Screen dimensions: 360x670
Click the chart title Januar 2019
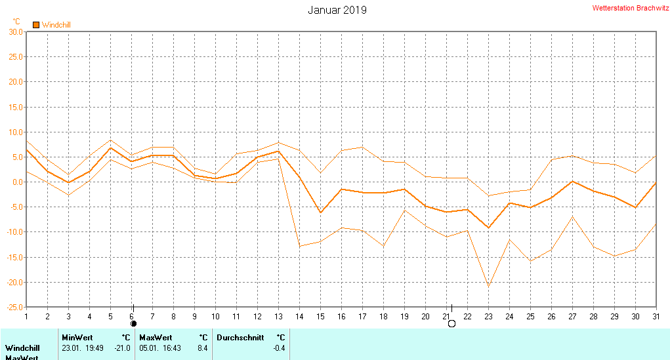tap(337, 10)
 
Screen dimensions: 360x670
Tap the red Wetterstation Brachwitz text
tap(630, 9)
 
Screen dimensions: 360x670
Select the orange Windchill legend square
tap(36, 25)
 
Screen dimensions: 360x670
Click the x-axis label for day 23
tap(488, 317)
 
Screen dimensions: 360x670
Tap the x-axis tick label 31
tap(656, 317)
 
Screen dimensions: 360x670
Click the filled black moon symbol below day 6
tap(134, 323)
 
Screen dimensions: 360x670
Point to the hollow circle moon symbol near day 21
tap(451, 323)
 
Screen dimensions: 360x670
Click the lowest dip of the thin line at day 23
tap(488, 287)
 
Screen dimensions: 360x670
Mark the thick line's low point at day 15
tap(320, 212)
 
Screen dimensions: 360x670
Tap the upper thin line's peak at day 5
tap(110, 140)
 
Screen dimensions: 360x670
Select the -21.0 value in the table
tap(123, 348)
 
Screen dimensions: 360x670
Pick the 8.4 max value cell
tap(202, 348)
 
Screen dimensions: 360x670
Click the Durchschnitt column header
tap(240, 338)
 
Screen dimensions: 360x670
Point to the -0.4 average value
tap(279, 348)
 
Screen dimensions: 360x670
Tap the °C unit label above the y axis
tap(16, 22)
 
